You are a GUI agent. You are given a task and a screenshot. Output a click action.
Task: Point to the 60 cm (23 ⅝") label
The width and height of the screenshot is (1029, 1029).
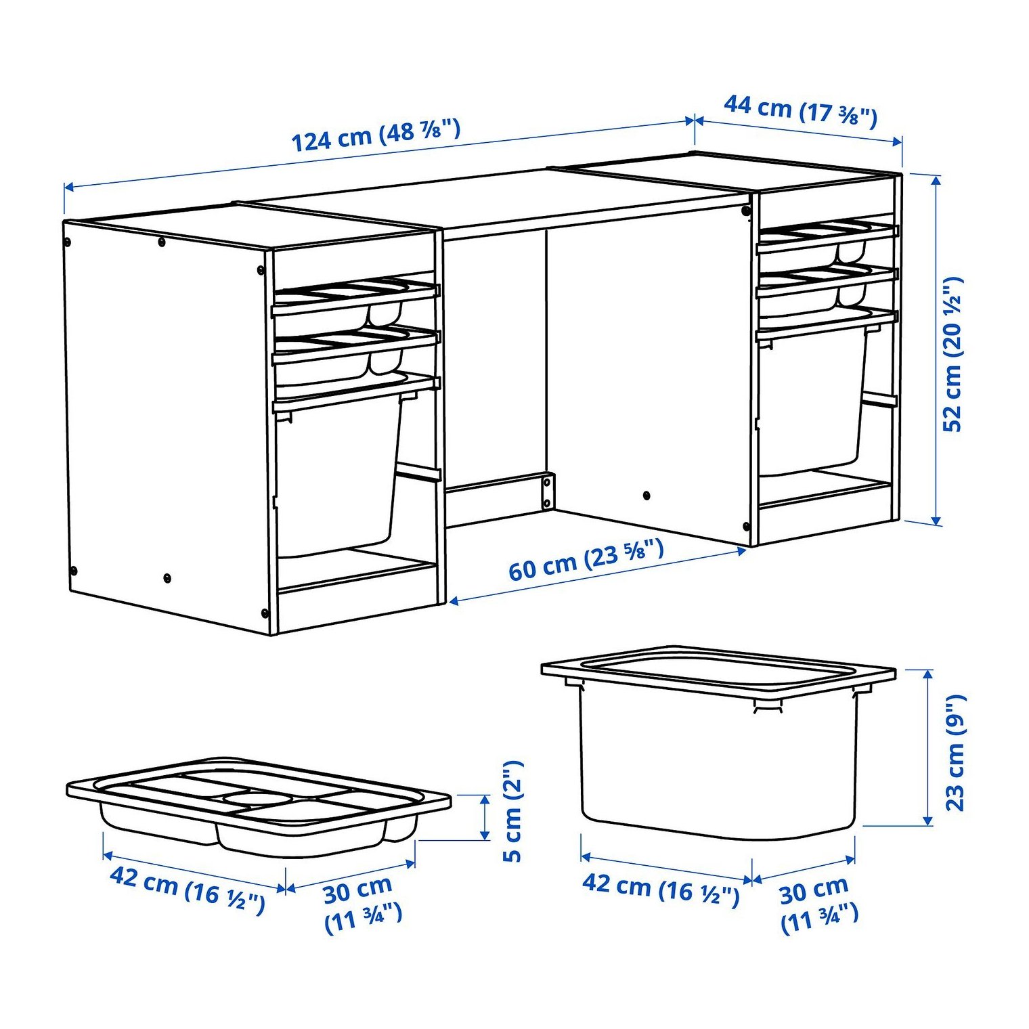click(586, 560)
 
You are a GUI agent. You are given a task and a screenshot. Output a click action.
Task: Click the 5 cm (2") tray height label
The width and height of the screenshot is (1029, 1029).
click(513, 811)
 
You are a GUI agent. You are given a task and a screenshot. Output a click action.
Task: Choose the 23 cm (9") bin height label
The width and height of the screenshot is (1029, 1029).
click(955, 752)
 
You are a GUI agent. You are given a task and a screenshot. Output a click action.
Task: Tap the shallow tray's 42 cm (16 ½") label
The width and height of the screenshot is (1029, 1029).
click(187, 890)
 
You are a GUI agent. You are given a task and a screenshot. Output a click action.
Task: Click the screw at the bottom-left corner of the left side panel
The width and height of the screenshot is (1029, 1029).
click(74, 569)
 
